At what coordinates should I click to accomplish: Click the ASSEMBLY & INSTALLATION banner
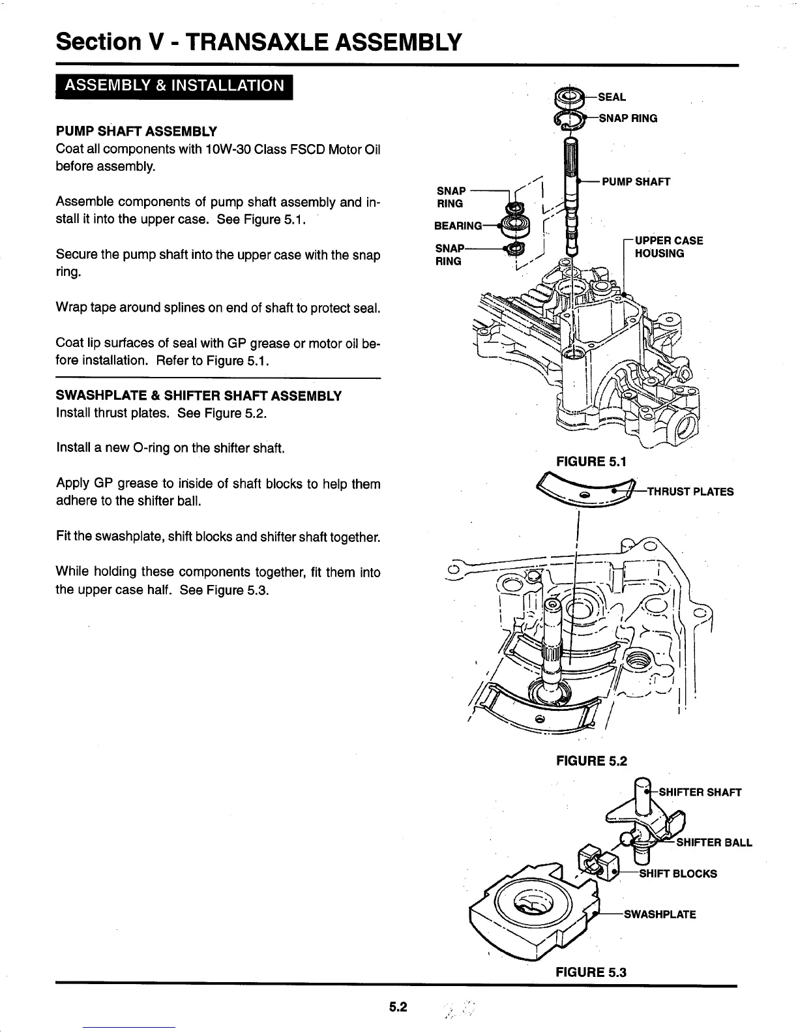173,86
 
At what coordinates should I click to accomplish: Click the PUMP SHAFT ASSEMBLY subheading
136,131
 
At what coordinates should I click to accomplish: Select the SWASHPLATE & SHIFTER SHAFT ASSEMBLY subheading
199,396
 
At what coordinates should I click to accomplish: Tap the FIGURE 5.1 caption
591,462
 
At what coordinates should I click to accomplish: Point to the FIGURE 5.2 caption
591,760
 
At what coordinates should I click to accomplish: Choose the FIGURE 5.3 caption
591,972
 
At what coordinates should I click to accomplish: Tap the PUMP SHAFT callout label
636,181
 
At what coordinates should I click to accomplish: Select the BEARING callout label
458,226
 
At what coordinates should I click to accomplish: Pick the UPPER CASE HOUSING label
668,247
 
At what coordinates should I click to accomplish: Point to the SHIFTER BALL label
714,842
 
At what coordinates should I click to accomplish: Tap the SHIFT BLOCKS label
677,873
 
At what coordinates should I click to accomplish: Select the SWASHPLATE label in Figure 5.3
660,914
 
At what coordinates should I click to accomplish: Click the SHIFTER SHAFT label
700,792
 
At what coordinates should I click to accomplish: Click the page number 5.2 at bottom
398,1007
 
